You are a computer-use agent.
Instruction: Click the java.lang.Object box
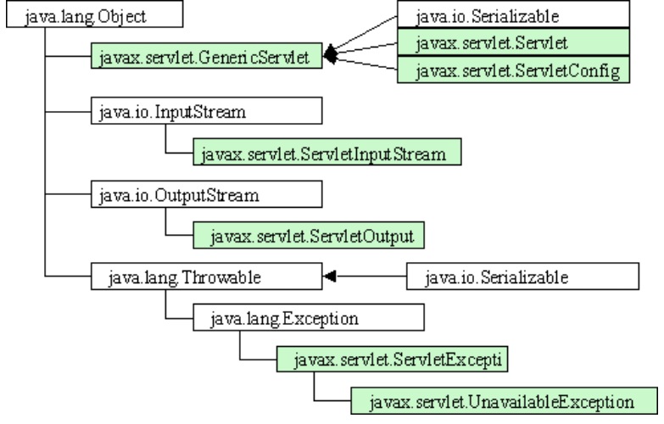point(94,14)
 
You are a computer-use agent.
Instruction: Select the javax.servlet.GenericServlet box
point(207,55)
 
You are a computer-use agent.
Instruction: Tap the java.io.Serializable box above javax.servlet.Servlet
point(513,14)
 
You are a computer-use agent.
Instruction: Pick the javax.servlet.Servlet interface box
point(513,42)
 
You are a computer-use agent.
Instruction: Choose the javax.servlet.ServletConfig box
point(513,70)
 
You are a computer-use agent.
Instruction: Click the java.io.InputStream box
point(207,111)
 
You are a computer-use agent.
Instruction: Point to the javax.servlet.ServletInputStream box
point(327,152)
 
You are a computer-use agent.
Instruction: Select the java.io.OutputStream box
point(207,194)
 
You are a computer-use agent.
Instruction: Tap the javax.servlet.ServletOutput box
point(309,235)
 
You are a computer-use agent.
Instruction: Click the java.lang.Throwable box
point(207,276)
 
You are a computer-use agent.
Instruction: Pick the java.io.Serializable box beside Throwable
point(522,276)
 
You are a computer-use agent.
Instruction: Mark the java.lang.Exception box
point(309,317)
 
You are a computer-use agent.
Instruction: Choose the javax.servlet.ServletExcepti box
point(392,360)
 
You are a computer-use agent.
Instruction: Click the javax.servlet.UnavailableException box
point(505,401)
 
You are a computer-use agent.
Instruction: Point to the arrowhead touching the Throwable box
point(330,276)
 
